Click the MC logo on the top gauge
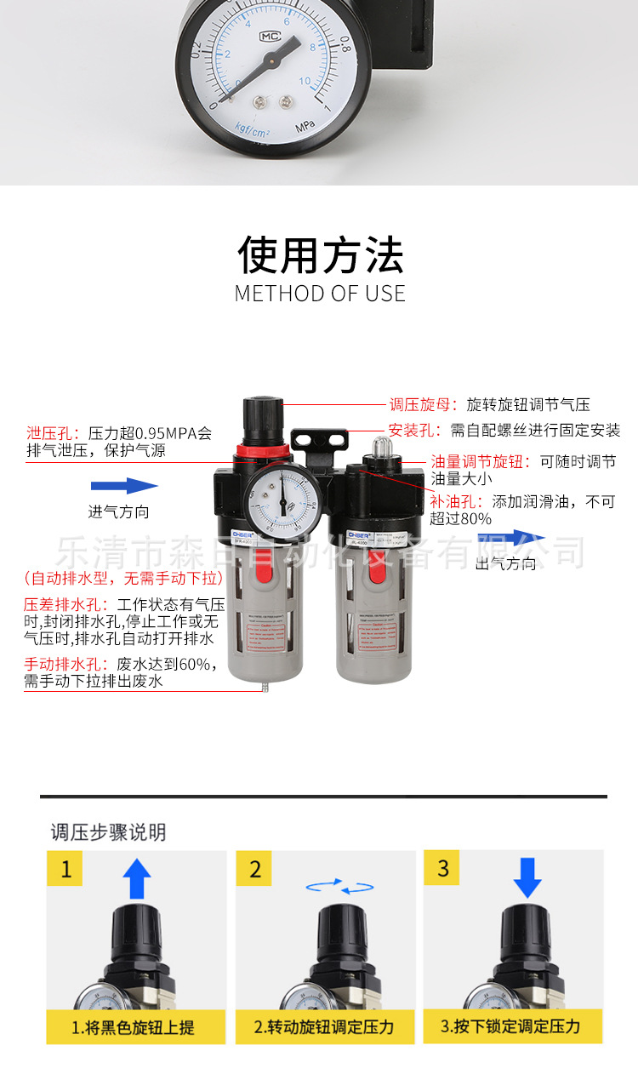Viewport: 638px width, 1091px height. [x=271, y=37]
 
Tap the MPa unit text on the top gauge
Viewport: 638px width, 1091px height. [x=305, y=127]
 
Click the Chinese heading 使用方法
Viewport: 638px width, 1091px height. [x=320, y=254]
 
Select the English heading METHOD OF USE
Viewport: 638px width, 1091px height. [x=320, y=294]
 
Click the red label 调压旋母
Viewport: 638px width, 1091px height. [x=423, y=405]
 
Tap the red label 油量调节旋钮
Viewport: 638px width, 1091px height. [x=481, y=462]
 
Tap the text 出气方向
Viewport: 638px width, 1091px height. [x=506, y=563]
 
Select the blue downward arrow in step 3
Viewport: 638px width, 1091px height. [x=527, y=877]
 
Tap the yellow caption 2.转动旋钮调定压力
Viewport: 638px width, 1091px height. [x=324, y=1027]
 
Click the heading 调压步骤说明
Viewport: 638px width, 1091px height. [x=108, y=831]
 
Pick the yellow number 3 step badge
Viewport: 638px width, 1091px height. [x=442, y=869]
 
